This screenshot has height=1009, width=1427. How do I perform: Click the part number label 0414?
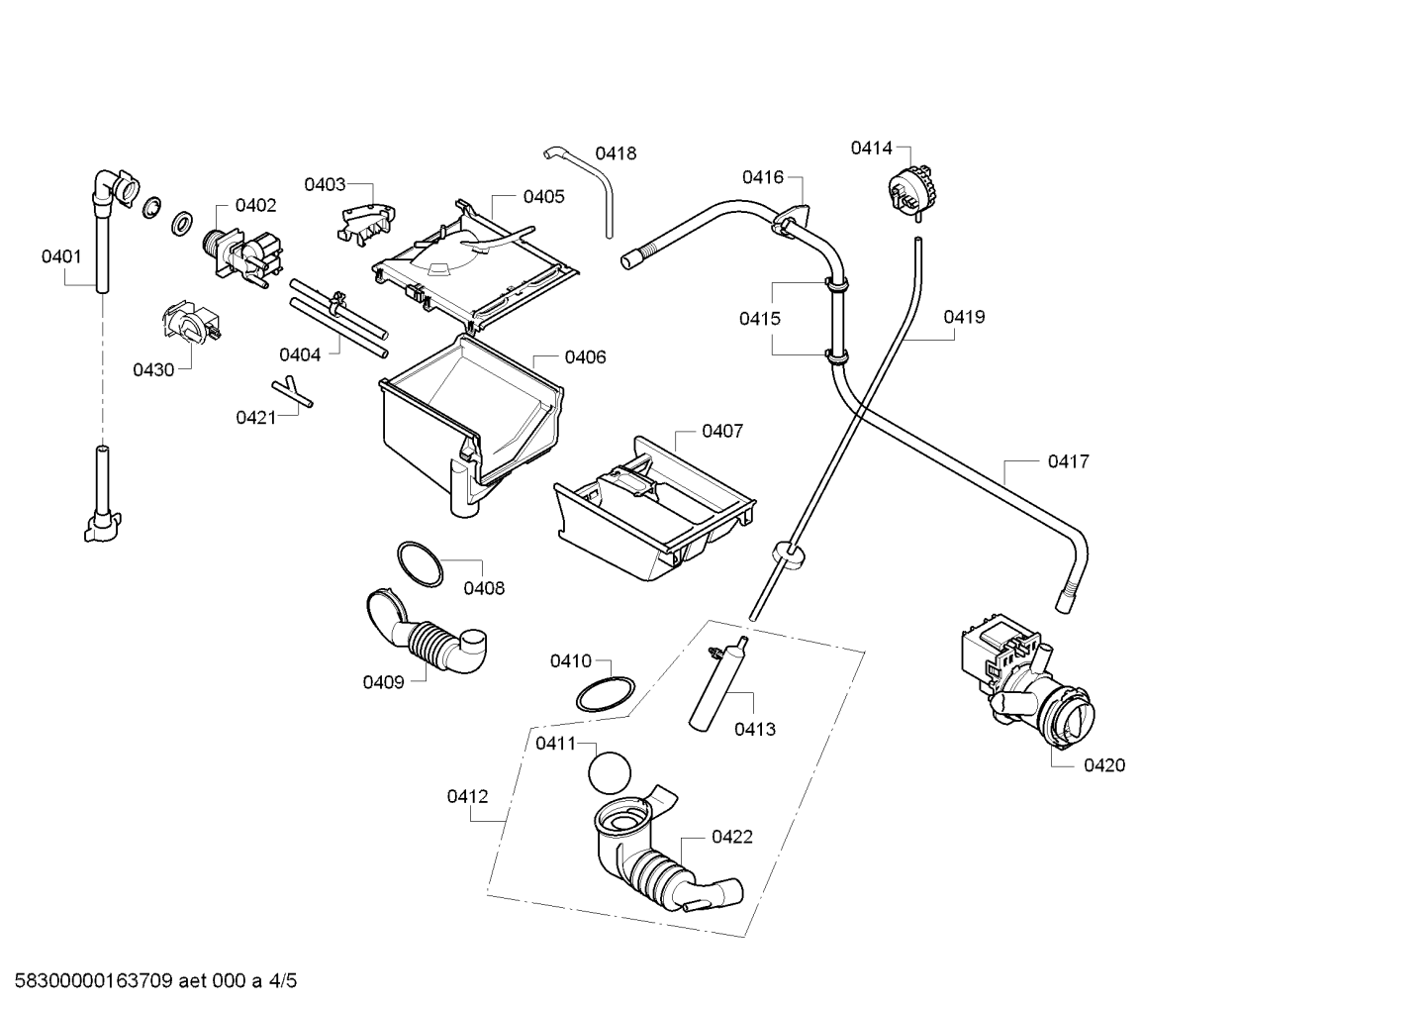[872, 148]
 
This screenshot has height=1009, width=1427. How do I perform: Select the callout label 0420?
[1104, 764]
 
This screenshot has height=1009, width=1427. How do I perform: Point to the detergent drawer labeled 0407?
[654, 509]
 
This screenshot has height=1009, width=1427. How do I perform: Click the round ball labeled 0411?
[609, 773]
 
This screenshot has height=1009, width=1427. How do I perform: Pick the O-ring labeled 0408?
[420, 564]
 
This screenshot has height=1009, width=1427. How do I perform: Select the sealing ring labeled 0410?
[606, 694]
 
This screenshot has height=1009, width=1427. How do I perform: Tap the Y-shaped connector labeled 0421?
[292, 392]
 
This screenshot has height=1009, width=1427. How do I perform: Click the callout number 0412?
[468, 796]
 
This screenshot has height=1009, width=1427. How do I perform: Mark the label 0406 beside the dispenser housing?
[586, 356]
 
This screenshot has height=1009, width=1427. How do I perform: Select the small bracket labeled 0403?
[366, 223]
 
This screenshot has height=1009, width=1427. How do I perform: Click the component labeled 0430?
[191, 323]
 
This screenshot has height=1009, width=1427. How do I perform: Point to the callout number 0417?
[1069, 460]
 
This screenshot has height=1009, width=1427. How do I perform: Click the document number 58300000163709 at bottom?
[94, 980]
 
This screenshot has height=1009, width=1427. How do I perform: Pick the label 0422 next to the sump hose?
[732, 837]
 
